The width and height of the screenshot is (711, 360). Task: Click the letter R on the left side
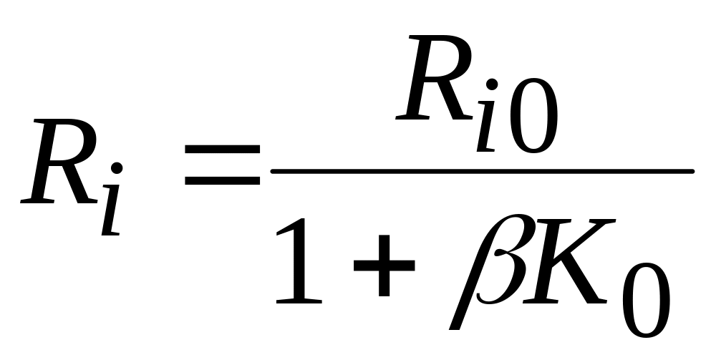tap(59, 161)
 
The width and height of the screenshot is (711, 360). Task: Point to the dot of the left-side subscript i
tap(117, 167)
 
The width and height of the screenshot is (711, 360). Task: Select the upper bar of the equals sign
tap(222, 149)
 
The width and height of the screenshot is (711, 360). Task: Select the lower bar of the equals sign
tap(222, 180)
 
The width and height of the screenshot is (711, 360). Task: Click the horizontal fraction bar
tap(483, 171)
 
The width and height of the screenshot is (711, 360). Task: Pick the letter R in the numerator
tap(435, 77)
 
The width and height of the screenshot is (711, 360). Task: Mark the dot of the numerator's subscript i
tap(492, 84)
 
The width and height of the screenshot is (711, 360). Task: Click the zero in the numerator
tap(533, 116)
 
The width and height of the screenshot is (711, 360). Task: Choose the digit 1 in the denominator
tap(299, 261)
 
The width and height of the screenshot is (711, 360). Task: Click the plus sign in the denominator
tap(384, 266)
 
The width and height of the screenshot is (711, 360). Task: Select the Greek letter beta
tap(488, 271)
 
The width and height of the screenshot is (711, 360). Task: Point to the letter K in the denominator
tap(569, 261)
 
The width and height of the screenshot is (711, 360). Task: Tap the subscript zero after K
tap(646, 300)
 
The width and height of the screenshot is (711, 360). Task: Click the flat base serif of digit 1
tap(299, 301)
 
